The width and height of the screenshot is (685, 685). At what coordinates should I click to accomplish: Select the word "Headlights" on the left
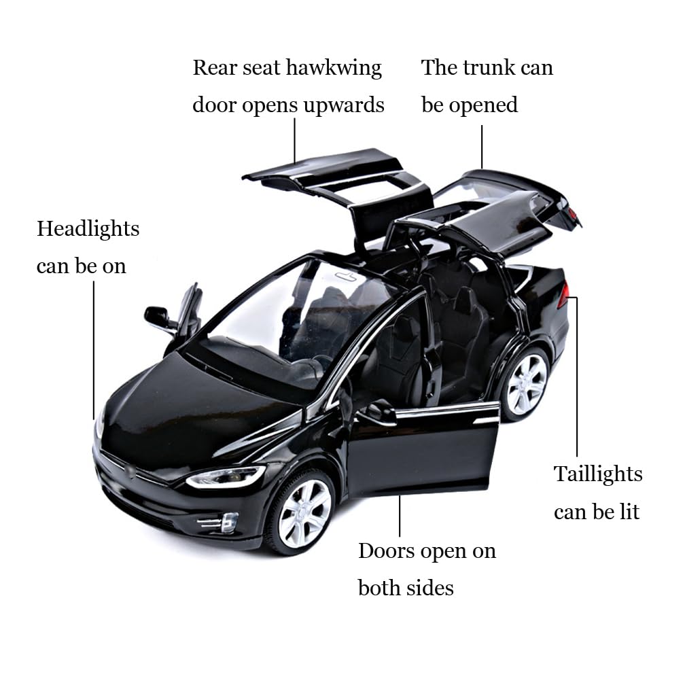click(88, 229)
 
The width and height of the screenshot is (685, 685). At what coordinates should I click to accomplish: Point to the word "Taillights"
click(598, 474)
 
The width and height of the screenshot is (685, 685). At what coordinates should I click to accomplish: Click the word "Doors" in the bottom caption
click(387, 550)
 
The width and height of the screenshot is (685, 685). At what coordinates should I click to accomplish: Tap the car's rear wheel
click(526, 384)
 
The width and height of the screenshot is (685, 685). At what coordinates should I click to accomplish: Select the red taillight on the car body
click(563, 296)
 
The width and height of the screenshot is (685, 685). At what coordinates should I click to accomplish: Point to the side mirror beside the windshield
click(158, 317)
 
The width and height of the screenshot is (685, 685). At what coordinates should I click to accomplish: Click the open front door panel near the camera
click(421, 449)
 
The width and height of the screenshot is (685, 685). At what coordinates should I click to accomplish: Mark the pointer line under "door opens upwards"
click(295, 139)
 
